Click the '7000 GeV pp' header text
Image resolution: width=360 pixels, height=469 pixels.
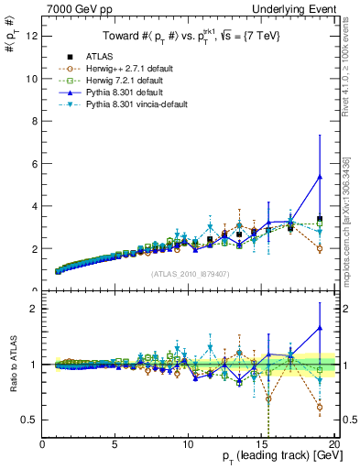(76, 8)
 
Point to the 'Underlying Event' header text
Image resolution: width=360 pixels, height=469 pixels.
(300, 8)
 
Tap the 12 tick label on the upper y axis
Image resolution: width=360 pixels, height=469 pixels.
(31, 37)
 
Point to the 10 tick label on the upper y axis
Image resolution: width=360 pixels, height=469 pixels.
(31, 79)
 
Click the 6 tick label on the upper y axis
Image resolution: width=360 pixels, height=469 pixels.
(34, 164)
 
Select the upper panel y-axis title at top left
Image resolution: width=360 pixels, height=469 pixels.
(11, 36)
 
